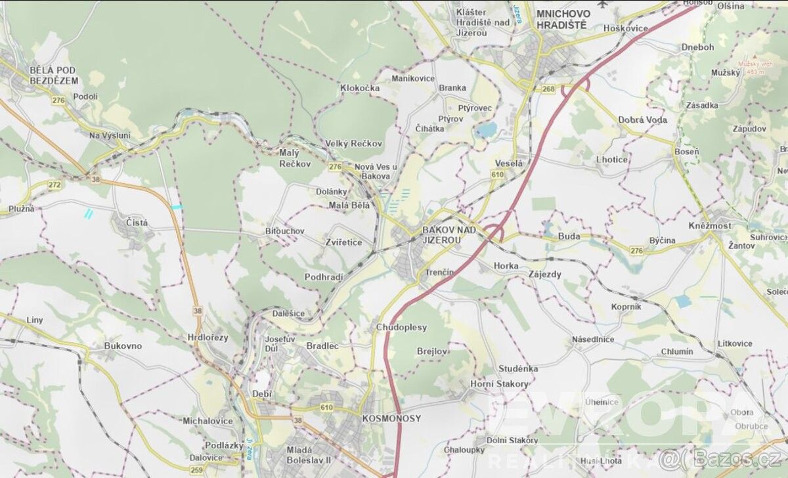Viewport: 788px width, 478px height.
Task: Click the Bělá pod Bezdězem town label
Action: click(x=54, y=75)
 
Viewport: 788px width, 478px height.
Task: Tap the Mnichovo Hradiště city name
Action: click(x=561, y=19)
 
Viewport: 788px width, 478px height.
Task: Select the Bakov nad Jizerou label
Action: click(x=441, y=235)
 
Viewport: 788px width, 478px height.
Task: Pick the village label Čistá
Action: click(x=137, y=223)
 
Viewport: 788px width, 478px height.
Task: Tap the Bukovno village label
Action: click(x=123, y=345)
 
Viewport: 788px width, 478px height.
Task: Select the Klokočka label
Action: click(x=360, y=87)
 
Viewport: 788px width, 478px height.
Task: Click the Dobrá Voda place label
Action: click(x=642, y=119)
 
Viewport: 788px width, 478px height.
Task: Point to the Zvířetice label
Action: click(x=343, y=242)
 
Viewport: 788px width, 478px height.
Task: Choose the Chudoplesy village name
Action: click(x=401, y=327)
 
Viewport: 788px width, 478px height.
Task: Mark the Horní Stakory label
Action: click(x=499, y=383)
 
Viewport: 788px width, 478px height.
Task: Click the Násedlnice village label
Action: click(x=592, y=339)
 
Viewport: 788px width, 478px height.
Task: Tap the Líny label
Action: click(x=35, y=320)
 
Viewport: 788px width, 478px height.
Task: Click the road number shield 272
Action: click(x=54, y=185)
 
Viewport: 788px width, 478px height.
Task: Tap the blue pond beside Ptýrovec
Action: click(x=487, y=130)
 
